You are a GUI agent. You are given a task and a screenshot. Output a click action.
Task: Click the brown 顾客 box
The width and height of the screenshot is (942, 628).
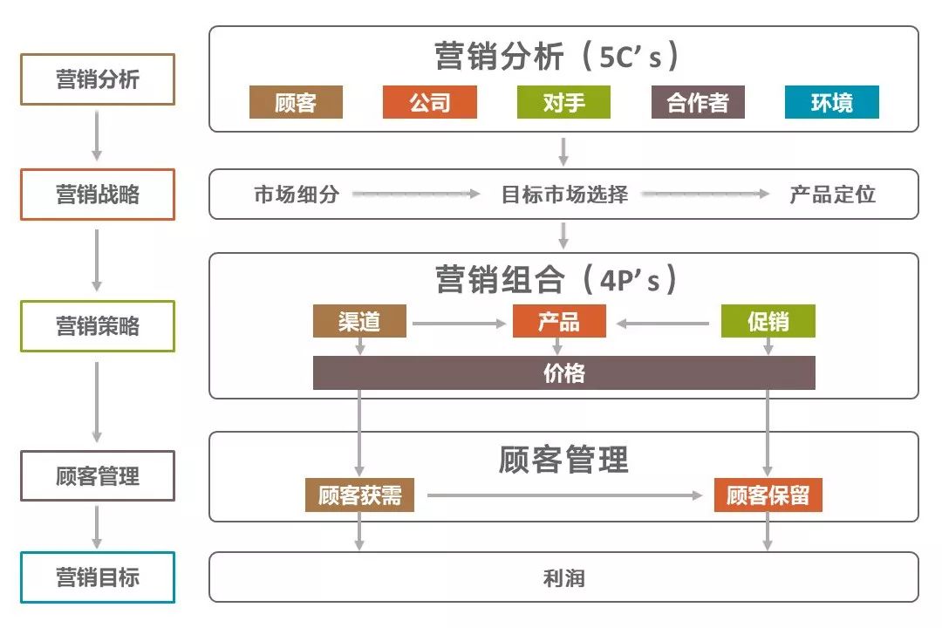pos(296,103)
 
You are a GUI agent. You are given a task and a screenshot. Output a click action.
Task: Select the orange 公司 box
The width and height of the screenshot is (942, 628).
pos(430,103)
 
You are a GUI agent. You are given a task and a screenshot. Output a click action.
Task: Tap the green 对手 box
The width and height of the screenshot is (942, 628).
pos(563,103)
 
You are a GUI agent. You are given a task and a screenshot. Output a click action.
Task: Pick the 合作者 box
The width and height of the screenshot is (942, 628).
pos(698,103)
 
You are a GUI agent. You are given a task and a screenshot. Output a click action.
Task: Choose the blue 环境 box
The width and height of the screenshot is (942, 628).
pos(832,103)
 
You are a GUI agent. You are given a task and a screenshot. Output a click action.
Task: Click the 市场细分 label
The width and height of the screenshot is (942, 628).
pos(297,195)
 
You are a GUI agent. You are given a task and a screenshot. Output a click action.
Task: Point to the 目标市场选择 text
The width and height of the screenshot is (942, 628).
pos(564,195)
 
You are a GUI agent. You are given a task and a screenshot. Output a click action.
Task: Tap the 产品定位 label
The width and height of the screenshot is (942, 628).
pos(832,195)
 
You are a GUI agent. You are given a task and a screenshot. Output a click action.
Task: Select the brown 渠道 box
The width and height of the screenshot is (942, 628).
pos(359,321)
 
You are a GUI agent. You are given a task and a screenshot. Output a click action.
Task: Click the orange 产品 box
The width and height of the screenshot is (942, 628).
pos(559,321)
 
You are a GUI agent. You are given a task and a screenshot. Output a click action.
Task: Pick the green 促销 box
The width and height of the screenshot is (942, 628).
pos(768,321)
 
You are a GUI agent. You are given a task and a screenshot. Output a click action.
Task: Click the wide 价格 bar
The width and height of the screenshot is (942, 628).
pos(563,373)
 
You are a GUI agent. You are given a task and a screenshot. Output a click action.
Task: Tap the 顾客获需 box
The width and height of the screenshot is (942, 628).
pos(359,495)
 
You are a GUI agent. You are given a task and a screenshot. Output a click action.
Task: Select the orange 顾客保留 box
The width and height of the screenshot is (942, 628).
pos(768,495)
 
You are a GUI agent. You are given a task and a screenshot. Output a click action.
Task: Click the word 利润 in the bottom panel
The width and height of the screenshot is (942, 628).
pos(563,577)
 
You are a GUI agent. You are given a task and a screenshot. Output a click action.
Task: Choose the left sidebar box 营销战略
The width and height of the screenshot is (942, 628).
pos(98,195)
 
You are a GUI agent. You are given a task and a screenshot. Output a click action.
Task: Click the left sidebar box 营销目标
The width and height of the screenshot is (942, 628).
pos(98,577)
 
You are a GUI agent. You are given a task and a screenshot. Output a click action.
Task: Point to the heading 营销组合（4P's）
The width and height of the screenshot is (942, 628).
pos(558,279)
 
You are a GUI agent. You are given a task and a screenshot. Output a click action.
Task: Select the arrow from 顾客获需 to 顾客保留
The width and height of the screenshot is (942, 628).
pos(565,495)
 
